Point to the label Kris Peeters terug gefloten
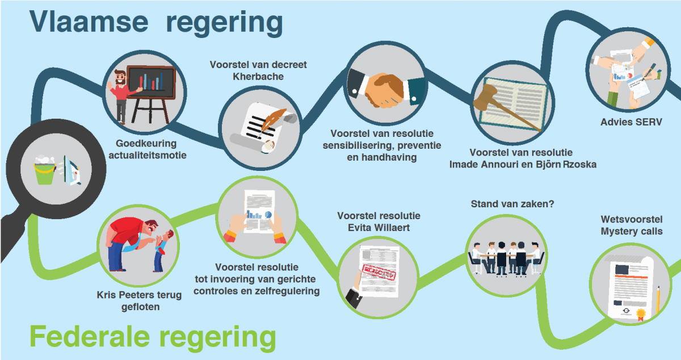point(140,301)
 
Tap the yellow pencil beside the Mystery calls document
point(658,300)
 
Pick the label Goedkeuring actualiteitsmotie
point(146,149)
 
